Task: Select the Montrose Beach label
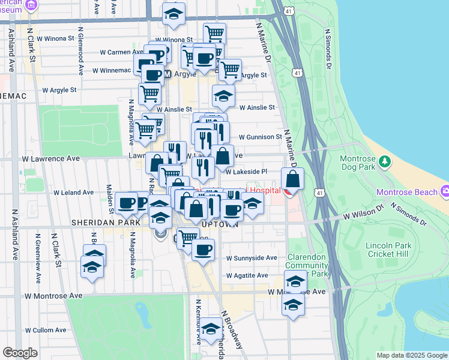[406, 192]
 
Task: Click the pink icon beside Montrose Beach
[444, 192]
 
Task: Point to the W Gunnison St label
[260, 137]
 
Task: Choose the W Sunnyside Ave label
[252, 257]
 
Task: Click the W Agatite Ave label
[247, 275]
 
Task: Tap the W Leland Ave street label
[74, 193]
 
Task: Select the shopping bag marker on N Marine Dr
[292, 180]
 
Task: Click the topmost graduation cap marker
[173, 14]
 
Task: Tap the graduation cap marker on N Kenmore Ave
[211, 331]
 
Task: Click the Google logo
[20, 353]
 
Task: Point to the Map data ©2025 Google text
[411, 355]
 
